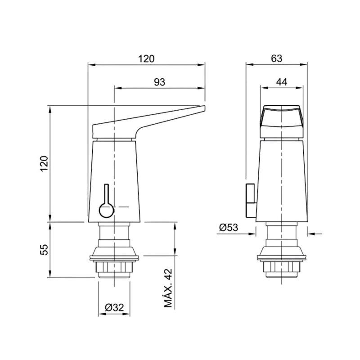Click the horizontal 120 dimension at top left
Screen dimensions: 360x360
(146, 59)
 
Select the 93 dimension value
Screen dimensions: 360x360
(159, 82)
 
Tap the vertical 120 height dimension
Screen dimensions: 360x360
(44, 163)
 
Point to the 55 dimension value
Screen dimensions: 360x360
(44, 250)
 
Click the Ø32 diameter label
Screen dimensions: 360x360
(114, 307)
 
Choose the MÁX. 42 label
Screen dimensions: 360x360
(168, 288)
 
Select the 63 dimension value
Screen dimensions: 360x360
(276, 58)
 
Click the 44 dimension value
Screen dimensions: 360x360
(282, 82)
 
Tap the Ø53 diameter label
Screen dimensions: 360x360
(229, 228)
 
